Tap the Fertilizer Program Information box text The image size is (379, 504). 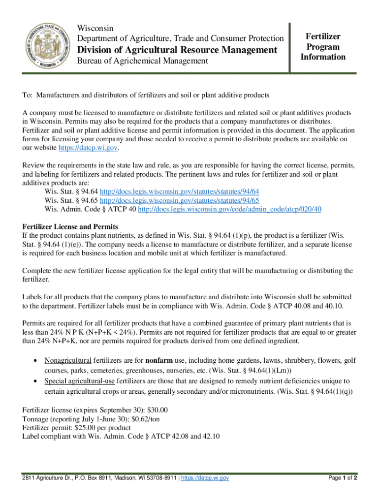click(323, 47)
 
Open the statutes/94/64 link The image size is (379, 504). click(180, 191)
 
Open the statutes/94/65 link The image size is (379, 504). click(180, 200)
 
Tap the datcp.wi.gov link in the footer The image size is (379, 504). click(205, 478)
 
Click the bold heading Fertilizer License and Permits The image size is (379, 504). click(70, 226)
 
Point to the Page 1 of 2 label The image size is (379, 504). click(342, 478)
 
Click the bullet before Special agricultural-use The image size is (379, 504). click(35, 381)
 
